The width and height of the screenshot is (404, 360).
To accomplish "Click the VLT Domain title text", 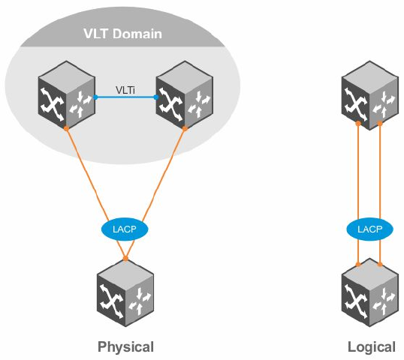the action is (122, 34).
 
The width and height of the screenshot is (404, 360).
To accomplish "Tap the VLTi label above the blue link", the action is (125, 90).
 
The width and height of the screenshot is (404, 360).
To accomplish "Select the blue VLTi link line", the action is (125, 97).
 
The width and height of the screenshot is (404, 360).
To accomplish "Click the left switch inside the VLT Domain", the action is (67, 94).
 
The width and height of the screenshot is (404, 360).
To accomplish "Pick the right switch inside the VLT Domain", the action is (185, 94).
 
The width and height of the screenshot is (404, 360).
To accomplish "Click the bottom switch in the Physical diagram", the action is (125, 292).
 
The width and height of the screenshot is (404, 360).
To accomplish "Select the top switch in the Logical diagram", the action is (370, 95).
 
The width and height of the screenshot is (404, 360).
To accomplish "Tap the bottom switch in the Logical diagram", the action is (370, 292).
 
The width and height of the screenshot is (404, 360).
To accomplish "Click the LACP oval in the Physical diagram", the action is (125, 229).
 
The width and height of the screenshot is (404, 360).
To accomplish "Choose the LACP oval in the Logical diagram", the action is (370, 229).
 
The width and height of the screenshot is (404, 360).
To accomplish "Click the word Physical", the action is (125, 346).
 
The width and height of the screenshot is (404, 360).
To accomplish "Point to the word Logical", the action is (371, 347).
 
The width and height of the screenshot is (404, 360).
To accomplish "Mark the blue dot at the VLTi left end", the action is (95, 97).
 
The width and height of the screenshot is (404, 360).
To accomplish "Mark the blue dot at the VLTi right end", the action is (155, 97).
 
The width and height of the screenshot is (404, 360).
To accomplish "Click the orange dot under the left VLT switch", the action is (66, 128).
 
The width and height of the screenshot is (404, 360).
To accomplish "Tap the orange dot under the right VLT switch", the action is (185, 128).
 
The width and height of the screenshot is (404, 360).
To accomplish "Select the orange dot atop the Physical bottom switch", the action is (125, 258).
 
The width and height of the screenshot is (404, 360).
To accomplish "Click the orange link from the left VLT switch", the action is (96, 193).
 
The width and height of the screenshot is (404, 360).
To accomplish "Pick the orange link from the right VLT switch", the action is (155, 193).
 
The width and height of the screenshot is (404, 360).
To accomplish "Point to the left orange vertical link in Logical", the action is (358, 193).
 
